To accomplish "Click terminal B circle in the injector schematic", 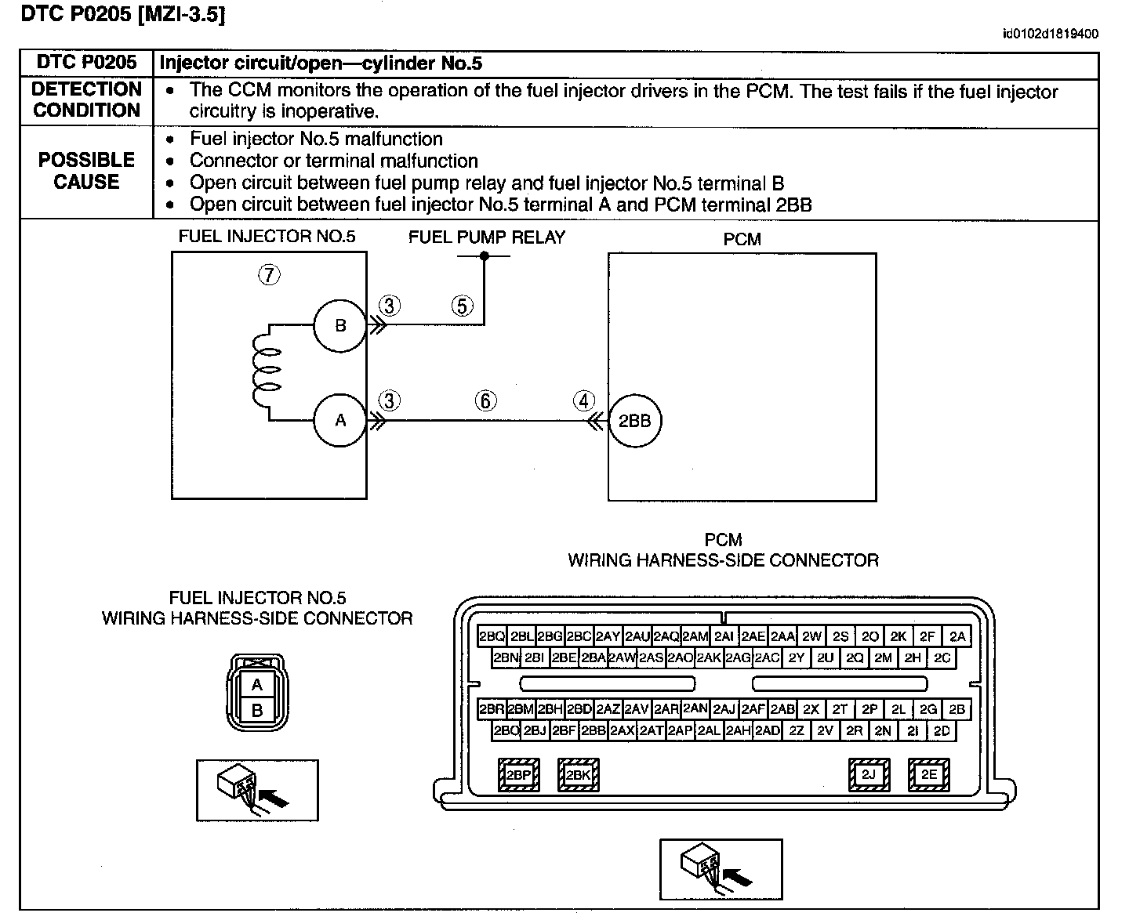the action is [x=340, y=325].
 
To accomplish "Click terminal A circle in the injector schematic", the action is [x=340, y=420].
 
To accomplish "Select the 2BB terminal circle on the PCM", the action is [x=635, y=421].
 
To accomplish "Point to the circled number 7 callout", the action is [x=269, y=274].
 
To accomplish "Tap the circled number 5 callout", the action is [x=463, y=306].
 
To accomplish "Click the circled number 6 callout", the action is [x=486, y=401].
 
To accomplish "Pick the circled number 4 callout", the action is [x=584, y=401].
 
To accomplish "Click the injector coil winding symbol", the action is [x=266, y=369].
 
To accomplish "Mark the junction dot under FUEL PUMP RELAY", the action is [x=485, y=255].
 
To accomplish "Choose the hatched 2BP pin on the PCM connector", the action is [x=519, y=774].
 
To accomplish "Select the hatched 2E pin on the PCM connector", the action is [x=929, y=774].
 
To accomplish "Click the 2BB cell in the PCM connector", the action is [x=594, y=730].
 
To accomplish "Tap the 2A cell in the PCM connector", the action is [x=957, y=636].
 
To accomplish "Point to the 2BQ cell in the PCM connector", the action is [x=492, y=636].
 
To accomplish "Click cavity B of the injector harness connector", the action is [x=257, y=710].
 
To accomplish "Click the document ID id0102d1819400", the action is [x=1051, y=34].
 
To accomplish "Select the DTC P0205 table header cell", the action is [x=87, y=63].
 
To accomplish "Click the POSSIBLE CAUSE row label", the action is [x=87, y=171].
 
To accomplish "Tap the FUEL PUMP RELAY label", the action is [x=487, y=237].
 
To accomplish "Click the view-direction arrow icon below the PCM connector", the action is [x=721, y=869].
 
